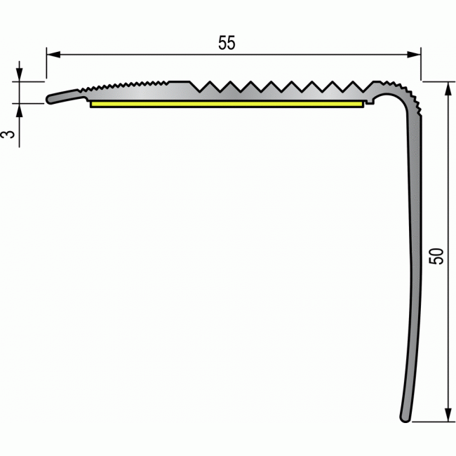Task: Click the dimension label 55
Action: click(x=226, y=43)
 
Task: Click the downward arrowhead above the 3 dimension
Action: click(x=20, y=76)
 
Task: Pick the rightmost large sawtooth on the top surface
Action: click(x=355, y=87)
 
